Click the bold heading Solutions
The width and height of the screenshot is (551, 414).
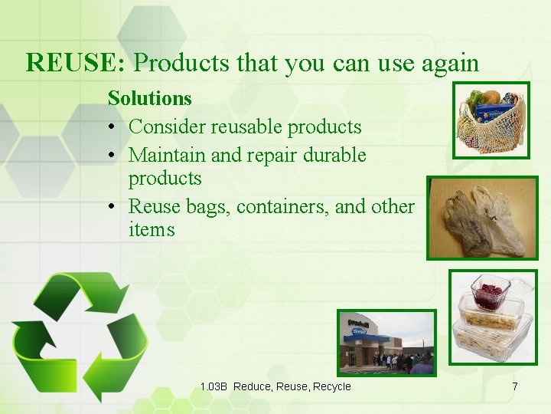[x=149, y=98]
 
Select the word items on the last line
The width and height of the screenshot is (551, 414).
[x=152, y=229]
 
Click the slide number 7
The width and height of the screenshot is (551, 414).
[x=514, y=386]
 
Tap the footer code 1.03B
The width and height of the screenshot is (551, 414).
[x=214, y=386]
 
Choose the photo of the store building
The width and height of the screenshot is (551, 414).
[x=386, y=342]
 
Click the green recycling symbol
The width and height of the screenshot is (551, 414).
[x=80, y=334]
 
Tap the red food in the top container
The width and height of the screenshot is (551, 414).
[x=490, y=292]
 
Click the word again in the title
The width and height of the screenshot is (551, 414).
[x=447, y=62]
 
